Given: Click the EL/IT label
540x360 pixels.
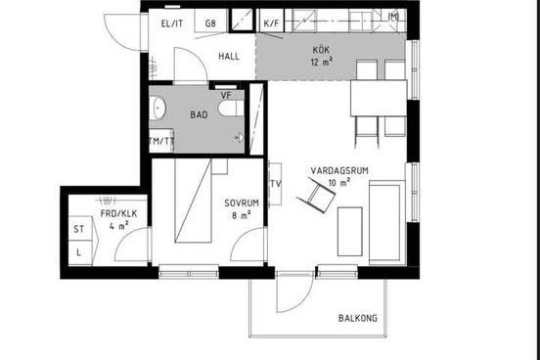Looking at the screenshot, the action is [x=172, y=23].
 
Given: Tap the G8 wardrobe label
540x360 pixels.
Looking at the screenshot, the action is [x=210, y=23].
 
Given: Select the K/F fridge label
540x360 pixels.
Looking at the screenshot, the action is [x=271, y=23].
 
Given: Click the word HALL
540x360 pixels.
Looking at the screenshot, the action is [x=229, y=57].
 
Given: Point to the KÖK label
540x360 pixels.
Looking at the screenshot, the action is [x=321, y=50].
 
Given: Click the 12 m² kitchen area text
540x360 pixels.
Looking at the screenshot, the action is [x=322, y=62].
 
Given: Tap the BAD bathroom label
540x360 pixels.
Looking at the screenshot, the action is [x=199, y=114].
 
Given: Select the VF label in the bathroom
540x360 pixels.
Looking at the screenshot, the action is [x=226, y=96].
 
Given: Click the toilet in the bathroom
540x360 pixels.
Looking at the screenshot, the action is [x=231, y=108].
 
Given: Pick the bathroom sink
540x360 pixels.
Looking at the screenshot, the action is [x=157, y=108].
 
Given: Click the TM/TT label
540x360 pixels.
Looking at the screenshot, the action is [x=161, y=141].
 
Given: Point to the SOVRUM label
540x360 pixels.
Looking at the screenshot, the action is [x=242, y=203].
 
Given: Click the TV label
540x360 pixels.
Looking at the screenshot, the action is [x=276, y=184].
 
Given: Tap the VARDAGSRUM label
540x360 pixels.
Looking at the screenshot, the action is [x=339, y=171].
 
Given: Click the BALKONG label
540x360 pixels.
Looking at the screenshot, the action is [x=358, y=318].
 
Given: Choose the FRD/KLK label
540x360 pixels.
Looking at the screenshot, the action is [x=118, y=214].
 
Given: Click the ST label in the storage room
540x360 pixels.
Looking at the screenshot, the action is [x=79, y=229].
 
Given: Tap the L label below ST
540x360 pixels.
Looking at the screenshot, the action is [x=79, y=252].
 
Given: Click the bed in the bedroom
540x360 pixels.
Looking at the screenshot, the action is [x=193, y=201].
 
